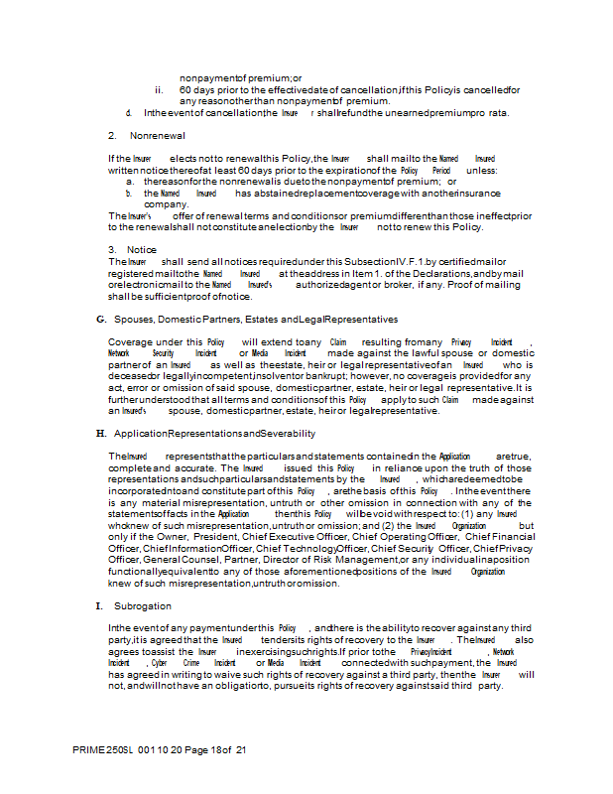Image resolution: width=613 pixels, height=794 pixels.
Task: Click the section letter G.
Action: pyautogui.click(x=100, y=320)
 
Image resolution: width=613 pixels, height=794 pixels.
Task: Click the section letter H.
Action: pyautogui.click(x=100, y=434)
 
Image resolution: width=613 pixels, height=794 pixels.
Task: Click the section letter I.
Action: pyautogui.click(x=98, y=605)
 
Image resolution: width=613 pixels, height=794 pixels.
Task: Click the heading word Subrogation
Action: pyautogui.click(x=143, y=605)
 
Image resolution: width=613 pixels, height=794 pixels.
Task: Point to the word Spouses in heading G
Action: pyautogui.click(x=133, y=320)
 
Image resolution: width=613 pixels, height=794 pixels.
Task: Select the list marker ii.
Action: pyautogui.click(x=159, y=89)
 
